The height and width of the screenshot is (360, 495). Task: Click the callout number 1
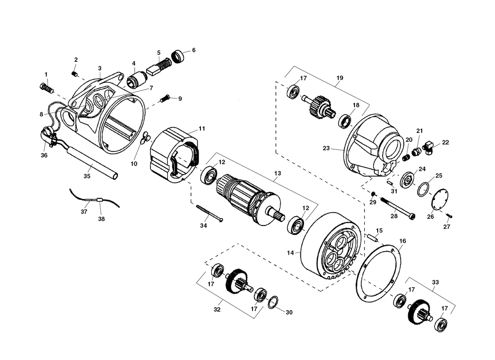pyautogui.click(x=46, y=75)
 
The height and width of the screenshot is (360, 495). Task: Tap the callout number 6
pyautogui.click(x=194, y=50)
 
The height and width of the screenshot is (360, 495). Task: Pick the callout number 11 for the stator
pyautogui.click(x=202, y=129)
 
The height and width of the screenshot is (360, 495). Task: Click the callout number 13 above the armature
pyautogui.click(x=277, y=174)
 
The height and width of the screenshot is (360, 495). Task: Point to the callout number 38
pyautogui.click(x=101, y=219)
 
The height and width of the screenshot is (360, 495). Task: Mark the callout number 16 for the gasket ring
pyautogui.click(x=402, y=241)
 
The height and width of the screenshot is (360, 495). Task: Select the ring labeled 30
pyautogui.click(x=273, y=303)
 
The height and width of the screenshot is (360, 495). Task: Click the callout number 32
pyautogui.click(x=217, y=310)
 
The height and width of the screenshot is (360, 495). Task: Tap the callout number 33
pyautogui.click(x=435, y=283)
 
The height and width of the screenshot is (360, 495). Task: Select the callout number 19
pyautogui.click(x=340, y=78)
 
